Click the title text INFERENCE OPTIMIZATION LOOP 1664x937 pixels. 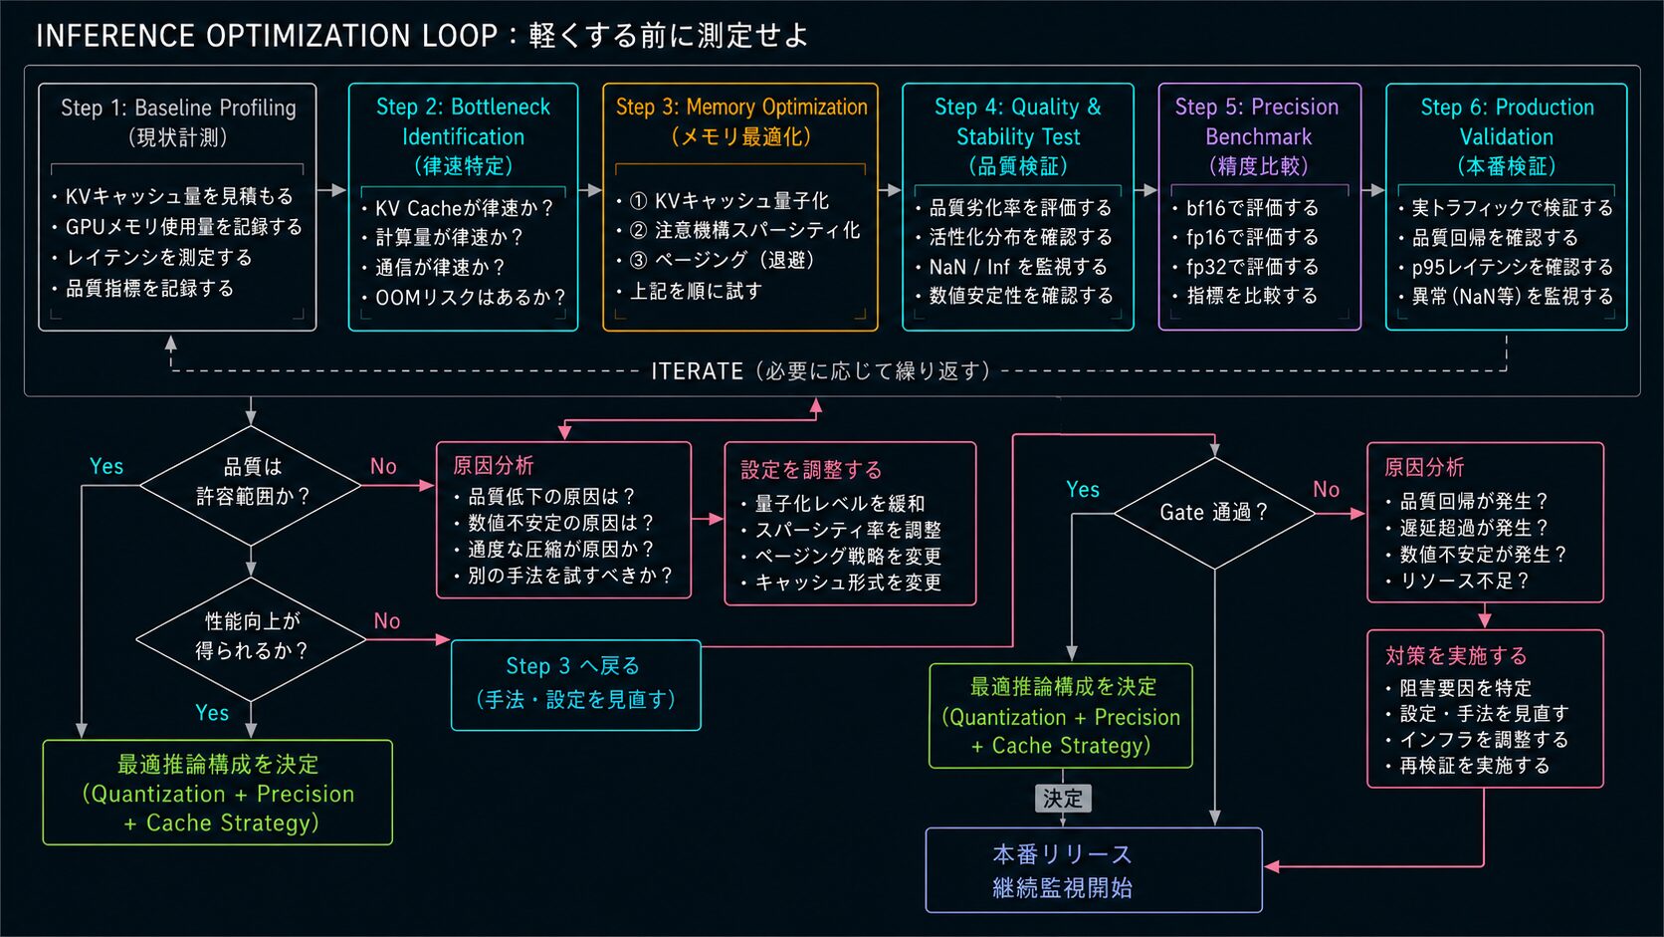(267, 36)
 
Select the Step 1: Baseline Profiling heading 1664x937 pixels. (178, 121)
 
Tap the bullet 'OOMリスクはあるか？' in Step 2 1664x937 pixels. (470, 297)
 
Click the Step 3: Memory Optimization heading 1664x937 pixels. (741, 121)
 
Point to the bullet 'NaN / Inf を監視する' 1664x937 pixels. (1018, 267)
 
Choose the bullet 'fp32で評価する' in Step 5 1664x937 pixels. (1252, 267)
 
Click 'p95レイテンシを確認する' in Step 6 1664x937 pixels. (1512, 267)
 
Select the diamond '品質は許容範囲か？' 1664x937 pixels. (251, 485)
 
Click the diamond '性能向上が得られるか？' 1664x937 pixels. (251, 639)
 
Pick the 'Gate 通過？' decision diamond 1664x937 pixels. (1214, 513)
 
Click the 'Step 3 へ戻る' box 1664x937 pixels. (575, 685)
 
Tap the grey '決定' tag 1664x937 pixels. (1062, 799)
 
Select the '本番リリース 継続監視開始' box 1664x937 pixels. (1094, 870)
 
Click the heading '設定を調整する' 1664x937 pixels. (811, 470)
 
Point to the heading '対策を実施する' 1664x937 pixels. (1456, 655)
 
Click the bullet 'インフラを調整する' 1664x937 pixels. (1484, 740)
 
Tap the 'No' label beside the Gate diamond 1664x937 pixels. (1326, 489)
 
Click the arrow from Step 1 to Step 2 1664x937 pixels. (331, 190)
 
